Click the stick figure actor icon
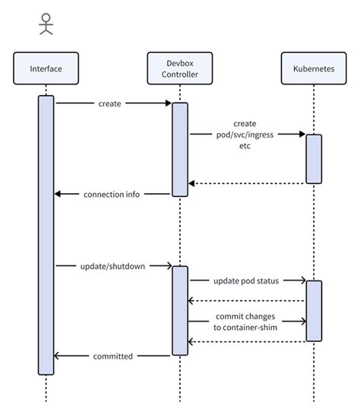coord(46,25)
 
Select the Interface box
coord(46,69)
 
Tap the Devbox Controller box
coord(179,69)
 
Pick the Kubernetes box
coord(313,69)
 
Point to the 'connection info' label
coord(112,194)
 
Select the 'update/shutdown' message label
coord(112,266)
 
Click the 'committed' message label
coord(112,355)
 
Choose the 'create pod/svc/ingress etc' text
coord(245,135)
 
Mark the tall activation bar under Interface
coord(46,235)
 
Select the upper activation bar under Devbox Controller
coord(180,149)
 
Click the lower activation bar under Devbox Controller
coord(180,310)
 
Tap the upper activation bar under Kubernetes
coord(314,159)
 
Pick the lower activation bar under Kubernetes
coord(314,311)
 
